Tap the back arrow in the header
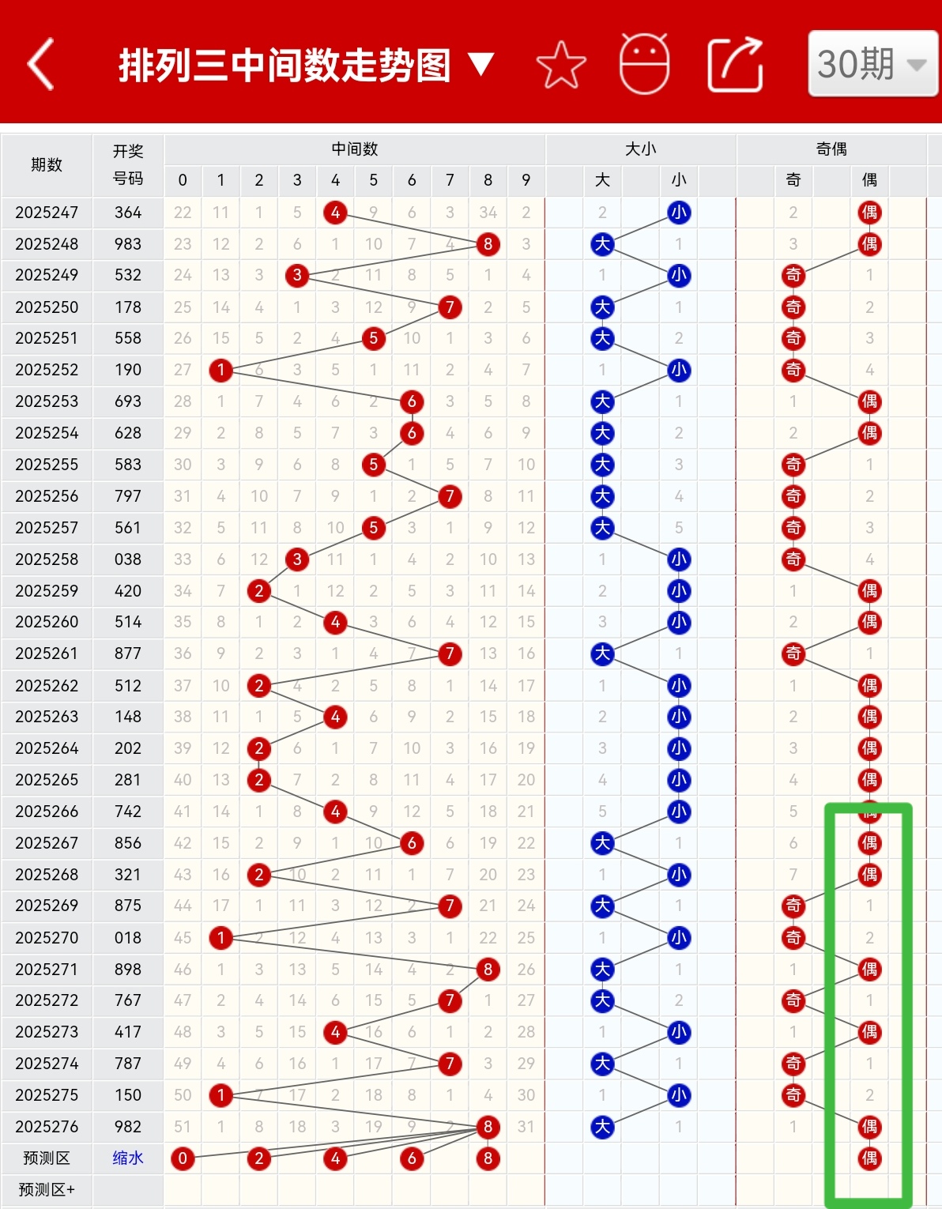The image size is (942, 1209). coord(40,64)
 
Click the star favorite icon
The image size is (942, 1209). coord(561,65)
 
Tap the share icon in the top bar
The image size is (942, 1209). coord(735,64)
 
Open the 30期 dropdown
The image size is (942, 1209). coord(872,63)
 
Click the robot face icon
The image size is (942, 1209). coord(644,63)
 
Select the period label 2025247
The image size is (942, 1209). coord(47,213)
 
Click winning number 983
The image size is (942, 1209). coord(128,244)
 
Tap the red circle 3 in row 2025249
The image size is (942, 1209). coord(297,275)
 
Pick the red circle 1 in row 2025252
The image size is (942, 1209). coord(221,370)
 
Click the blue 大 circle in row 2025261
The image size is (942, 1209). coord(603,653)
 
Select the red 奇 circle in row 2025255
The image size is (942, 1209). coord(793,465)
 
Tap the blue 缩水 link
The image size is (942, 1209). coord(128,1158)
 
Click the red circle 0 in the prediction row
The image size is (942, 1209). coord(183,1158)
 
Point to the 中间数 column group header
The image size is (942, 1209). coord(354,149)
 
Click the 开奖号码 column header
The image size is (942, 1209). coord(128,164)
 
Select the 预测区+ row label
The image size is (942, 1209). coord(47,1190)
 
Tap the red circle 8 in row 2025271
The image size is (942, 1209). coord(488,970)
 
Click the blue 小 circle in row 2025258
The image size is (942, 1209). coord(679,559)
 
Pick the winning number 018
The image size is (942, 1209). coord(128,938)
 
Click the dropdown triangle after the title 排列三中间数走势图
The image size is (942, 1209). coord(480,64)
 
